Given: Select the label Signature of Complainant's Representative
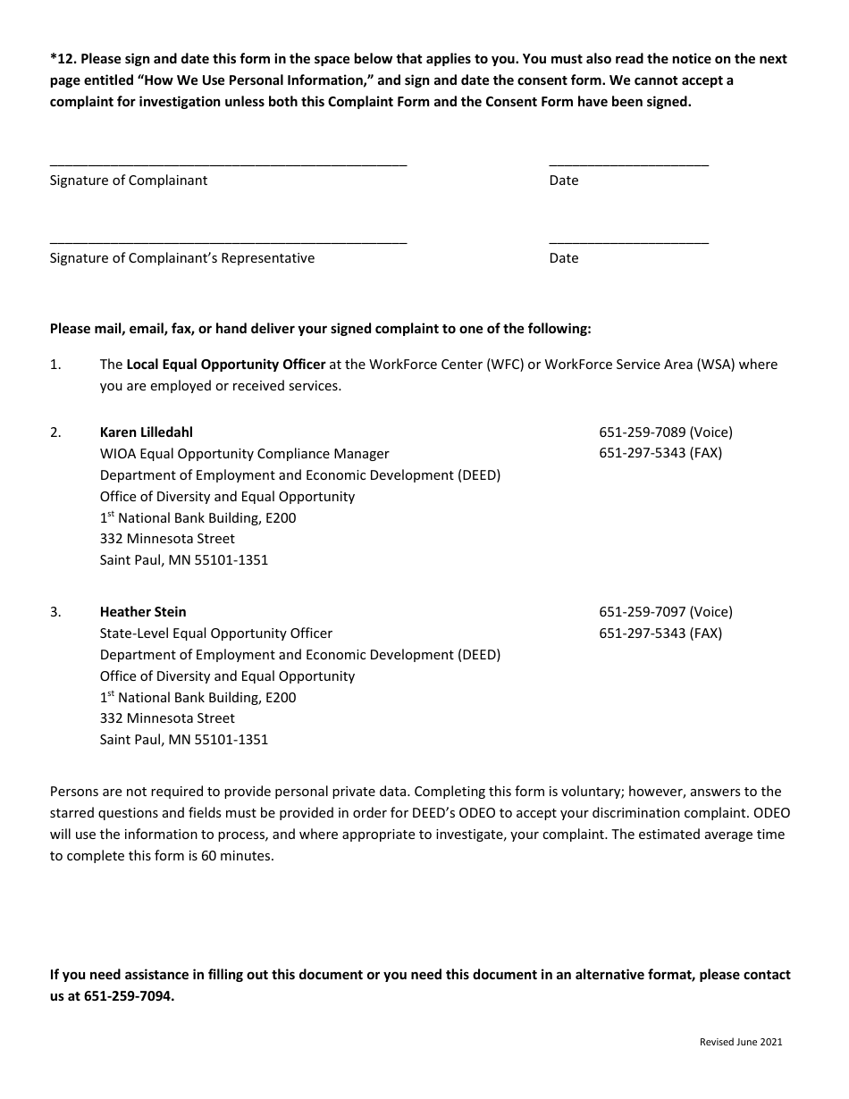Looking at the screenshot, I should tap(181, 258).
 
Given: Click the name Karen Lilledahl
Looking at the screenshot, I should tap(146, 432).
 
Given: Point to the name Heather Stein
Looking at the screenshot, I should tap(143, 612).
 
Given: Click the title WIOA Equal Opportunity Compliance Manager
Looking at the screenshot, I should tap(244, 454).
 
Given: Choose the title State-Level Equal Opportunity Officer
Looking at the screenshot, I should tap(215, 633).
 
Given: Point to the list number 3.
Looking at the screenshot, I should tap(55, 612).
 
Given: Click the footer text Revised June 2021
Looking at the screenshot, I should tap(741, 1042).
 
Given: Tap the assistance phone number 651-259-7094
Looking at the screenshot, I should tap(128, 996).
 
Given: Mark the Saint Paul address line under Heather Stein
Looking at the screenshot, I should tap(183, 740).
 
